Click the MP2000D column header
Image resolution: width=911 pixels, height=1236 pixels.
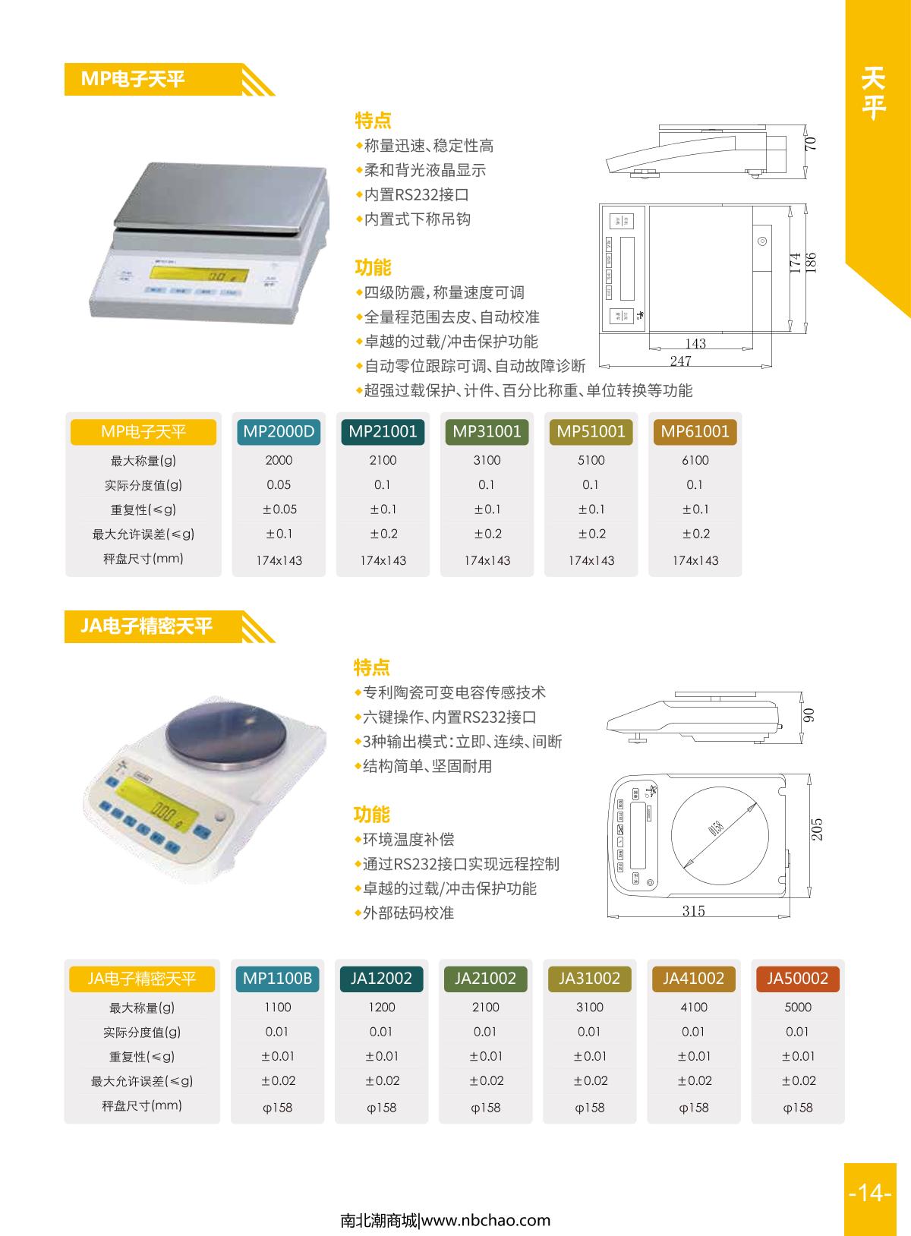tap(279, 432)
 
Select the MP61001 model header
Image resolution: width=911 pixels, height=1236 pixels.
tap(695, 432)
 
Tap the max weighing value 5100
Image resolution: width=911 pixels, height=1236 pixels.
tap(591, 460)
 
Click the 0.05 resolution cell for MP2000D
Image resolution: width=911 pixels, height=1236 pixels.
tap(279, 484)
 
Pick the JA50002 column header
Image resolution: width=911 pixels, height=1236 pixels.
tap(797, 979)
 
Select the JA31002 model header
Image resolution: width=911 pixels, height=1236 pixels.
tap(589, 979)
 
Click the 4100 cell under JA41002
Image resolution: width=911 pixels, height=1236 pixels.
tap(693, 1007)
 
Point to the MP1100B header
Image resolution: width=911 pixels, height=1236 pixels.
tap(277, 979)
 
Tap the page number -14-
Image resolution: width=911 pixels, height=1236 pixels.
tap(869, 1193)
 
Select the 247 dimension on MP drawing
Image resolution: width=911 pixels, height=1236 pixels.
tap(680, 361)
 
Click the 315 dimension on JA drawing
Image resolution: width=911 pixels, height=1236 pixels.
tap(693, 911)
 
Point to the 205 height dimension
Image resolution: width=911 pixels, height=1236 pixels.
tap(817, 829)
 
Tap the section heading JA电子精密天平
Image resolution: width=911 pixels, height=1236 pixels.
tap(147, 626)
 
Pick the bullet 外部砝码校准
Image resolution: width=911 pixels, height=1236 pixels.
tap(408, 913)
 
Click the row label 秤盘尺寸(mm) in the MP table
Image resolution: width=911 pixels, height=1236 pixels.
tap(143, 559)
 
